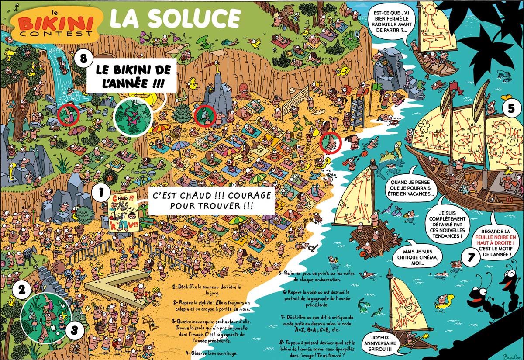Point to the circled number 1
[101, 192]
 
